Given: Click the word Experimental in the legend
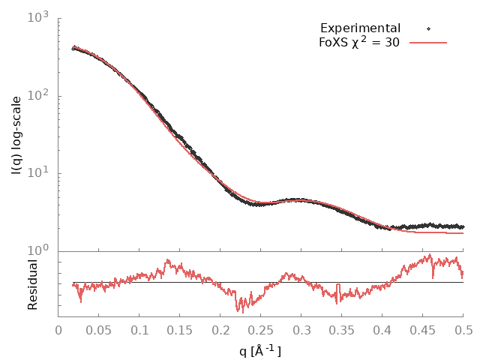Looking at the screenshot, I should coord(360,28).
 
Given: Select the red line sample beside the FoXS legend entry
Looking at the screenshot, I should coord(428,43).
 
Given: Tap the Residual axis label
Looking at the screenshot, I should coord(33,284).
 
